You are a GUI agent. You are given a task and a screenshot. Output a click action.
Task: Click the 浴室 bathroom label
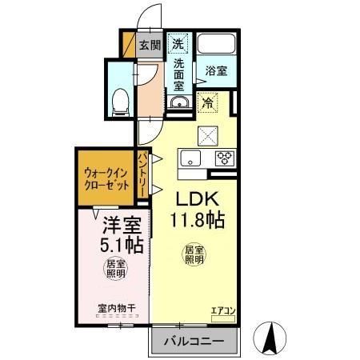click(215, 70)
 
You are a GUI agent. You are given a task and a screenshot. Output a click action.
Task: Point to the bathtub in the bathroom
click(215, 45)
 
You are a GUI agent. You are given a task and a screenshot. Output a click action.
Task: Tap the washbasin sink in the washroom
click(178, 102)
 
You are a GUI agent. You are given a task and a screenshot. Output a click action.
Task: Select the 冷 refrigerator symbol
click(208, 102)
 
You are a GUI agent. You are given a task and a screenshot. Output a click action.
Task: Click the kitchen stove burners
click(224, 158)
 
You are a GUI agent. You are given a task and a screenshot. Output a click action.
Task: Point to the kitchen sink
click(192, 158)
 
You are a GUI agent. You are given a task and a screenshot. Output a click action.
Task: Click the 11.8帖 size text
click(196, 219)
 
